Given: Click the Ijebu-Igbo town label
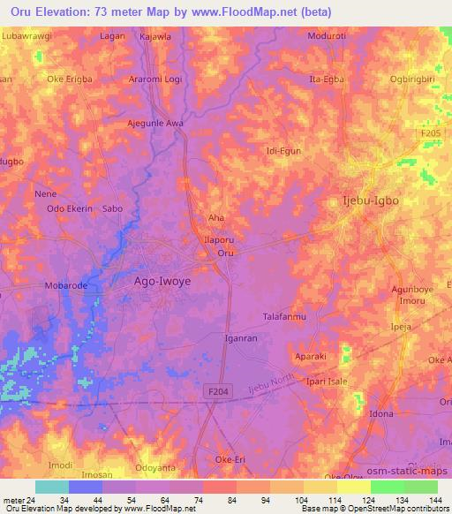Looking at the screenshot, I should tap(370, 200).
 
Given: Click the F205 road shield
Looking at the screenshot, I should tap(431, 132).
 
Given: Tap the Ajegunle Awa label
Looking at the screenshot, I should tap(155, 123).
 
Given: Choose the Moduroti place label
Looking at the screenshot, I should tap(328, 36).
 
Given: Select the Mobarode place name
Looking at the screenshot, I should tap(68, 287).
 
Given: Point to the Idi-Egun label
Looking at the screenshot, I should tap(283, 151).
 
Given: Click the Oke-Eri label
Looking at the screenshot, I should tap(233, 459).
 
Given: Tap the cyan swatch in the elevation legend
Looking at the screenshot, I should tap(51, 487).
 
